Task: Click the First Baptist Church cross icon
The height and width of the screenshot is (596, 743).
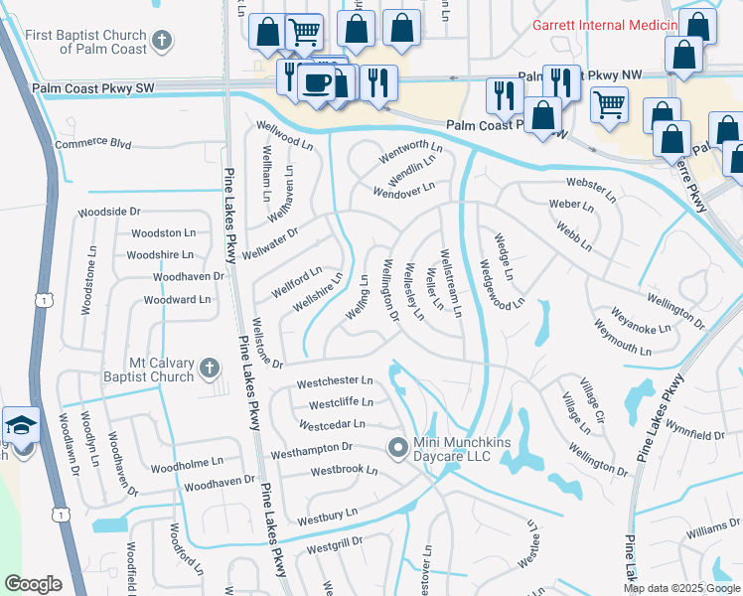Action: pyautogui.click(x=164, y=42)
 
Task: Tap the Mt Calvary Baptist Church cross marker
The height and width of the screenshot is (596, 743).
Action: pyautogui.click(x=209, y=369)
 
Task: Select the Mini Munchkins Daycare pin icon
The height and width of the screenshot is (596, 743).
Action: pyautogui.click(x=397, y=448)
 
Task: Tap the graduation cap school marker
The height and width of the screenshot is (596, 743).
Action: pyautogui.click(x=21, y=426)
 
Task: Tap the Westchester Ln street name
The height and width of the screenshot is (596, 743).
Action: pyautogui.click(x=335, y=381)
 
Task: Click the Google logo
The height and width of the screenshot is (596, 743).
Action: pyautogui.click(x=34, y=584)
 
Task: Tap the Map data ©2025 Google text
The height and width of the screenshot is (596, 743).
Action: pyautogui.click(x=680, y=588)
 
